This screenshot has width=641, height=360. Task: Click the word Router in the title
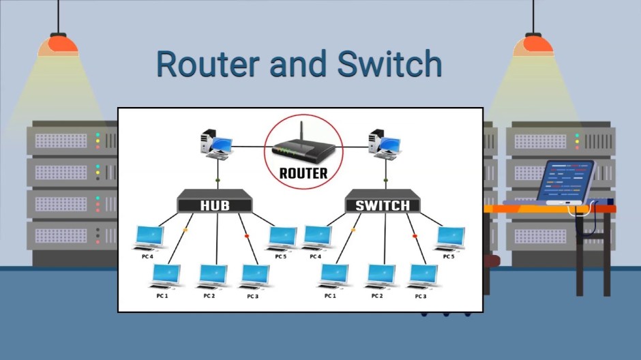tap(207, 65)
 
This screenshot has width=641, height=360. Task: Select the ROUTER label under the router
tap(303, 173)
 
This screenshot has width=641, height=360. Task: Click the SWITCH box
tap(383, 205)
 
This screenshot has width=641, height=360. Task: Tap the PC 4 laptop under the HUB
tap(149, 237)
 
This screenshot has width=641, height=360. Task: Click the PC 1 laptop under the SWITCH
tap(334, 276)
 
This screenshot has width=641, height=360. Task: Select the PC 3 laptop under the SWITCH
tap(423, 275)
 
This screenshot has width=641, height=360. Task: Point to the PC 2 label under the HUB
tap(209, 296)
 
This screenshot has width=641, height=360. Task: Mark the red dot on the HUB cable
tap(246, 236)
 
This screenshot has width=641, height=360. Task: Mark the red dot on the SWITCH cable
tap(415, 236)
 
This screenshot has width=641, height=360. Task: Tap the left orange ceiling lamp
tap(58, 46)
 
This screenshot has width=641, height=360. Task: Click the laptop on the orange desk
tap(566, 181)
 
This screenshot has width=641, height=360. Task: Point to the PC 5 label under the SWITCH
tap(448, 257)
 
